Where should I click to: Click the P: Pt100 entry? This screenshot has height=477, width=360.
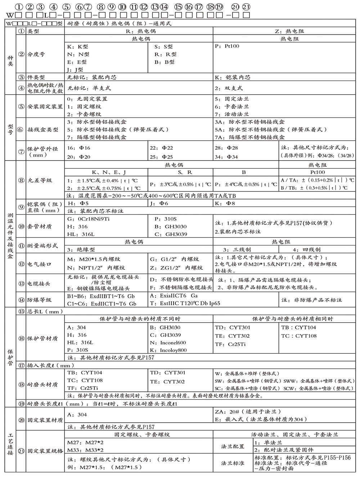[x=227, y=46]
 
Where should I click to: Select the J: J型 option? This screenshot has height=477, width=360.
[x=75, y=70]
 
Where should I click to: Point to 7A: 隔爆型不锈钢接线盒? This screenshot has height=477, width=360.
[x=249, y=137]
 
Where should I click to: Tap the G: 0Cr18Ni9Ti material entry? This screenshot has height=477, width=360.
[x=88, y=219]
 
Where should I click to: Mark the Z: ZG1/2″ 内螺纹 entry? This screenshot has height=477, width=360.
[x=176, y=268]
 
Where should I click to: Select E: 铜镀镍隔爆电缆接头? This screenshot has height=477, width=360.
[x=98, y=288]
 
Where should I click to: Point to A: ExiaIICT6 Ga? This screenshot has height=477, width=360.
[x=174, y=296]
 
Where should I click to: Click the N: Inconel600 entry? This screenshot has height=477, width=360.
[x=168, y=343]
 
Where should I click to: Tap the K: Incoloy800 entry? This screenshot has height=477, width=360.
[x=168, y=350]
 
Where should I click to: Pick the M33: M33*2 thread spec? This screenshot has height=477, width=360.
[x=85, y=450]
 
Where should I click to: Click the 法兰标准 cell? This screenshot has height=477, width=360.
[x=233, y=463]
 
